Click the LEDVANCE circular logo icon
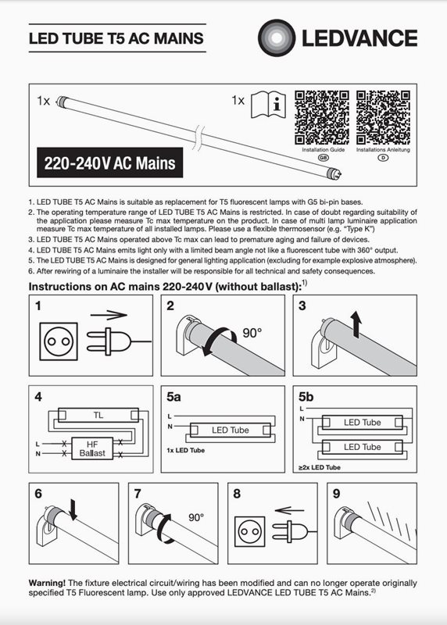(277, 37)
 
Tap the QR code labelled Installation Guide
(322, 118)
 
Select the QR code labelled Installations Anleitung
(383, 118)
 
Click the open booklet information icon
(268, 105)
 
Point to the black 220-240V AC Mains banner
(109, 162)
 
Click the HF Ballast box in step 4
(92, 448)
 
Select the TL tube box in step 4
(98, 415)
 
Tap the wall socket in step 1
(59, 341)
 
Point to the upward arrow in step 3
(356, 324)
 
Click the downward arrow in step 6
(73, 509)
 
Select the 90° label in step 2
(252, 333)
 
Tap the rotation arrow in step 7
(164, 529)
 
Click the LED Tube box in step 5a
(230, 430)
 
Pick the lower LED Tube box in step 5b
(362, 447)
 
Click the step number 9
(337, 494)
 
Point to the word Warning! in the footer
(47, 583)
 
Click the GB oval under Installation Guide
(323, 158)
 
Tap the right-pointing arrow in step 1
(109, 316)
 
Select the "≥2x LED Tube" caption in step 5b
(320, 467)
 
